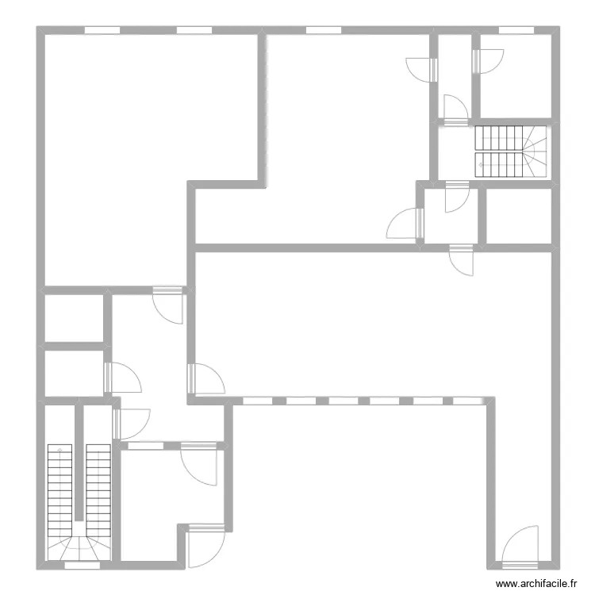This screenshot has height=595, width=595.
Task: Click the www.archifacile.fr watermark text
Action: pyautogui.click(x=536, y=583)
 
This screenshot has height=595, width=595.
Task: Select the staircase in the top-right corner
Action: pyautogui.click(x=511, y=152)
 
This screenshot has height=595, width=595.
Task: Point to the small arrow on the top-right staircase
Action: pyautogui.click(x=481, y=165)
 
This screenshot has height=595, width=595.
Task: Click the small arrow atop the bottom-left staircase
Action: pyautogui.click(x=59, y=449)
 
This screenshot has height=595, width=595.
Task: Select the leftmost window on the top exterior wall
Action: pyautogui.click(x=102, y=30)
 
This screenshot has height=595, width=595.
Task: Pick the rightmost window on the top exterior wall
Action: pyautogui.click(x=516, y=30)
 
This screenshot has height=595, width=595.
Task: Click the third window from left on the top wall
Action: pyautogui.click(x=324, y=30)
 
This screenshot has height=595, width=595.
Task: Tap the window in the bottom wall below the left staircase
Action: pyautogui.click(x=83, y=566)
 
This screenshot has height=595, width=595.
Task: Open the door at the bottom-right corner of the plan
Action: pyautogui.click(x=520, y=547)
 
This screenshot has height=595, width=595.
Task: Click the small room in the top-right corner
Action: pyautogui.click(x=516, y=76)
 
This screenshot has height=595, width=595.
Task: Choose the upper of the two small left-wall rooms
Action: pyautogui.click(x=75, y=318)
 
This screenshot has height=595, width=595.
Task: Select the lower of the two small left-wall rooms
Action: pyautogui.click(x=75, y=374)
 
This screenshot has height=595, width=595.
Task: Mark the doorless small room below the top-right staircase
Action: pyautogui.click(x=519, y=216)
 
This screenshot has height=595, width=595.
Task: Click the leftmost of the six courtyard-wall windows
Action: pyautogui.click(x=257, y=401)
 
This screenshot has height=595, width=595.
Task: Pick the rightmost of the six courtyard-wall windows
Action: pyautogui.click(x=467, y=401)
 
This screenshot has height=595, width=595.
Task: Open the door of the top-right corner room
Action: pyautogui.click(x=488, y=61)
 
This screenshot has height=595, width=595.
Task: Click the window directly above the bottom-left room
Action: pyautogui.click(x=146, y=446)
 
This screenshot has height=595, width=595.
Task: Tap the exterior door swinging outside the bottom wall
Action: pyautogui.click(x=206, y=546)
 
